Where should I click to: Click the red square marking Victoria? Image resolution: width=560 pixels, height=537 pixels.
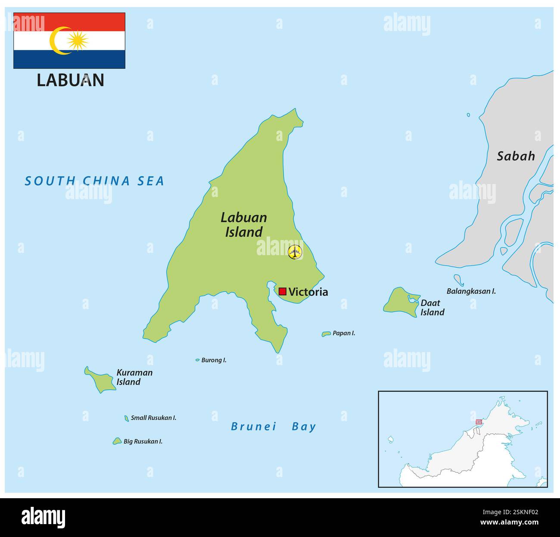tap(283, 291)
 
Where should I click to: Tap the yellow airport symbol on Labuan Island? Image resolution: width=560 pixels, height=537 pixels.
tap(295, 252)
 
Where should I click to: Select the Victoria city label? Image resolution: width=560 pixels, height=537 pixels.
tap(308, 292)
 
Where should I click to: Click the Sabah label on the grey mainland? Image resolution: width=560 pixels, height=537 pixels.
tap(516, 156)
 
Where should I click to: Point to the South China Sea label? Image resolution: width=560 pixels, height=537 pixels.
tap(94, 181)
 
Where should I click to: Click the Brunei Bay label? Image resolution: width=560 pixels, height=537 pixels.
tap(274, 427)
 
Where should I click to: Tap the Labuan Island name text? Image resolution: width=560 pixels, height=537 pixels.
tap(243, 225)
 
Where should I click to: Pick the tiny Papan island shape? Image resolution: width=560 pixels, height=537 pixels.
tap(326, 334)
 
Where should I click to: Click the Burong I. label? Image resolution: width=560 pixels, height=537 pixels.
tap(214, 360)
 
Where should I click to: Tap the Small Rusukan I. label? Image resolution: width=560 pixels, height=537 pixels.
tap(153, 418)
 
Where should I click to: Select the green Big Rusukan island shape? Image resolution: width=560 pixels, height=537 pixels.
tap(117, 441)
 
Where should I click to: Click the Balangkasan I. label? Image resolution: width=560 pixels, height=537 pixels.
tap(471, 291)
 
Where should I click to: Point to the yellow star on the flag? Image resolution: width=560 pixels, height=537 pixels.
tap(78, 41)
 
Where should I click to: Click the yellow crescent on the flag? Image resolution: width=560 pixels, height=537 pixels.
tap(57, 41)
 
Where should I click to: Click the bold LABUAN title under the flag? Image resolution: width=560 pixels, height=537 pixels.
tap(70, 81)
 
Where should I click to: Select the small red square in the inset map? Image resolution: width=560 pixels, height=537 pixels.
tap(479, 422)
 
